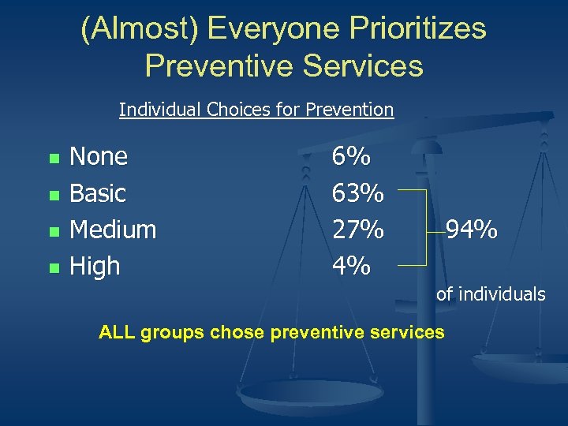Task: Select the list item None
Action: point(99,156)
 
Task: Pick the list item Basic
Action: point(98,192)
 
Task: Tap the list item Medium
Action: point(113,230)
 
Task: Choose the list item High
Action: point(95,267)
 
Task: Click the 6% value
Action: point(351,157)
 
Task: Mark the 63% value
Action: point(357,193)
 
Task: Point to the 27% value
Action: point(357,230)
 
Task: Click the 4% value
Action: point(351,267)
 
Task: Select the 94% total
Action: point(471,230)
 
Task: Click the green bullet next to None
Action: point(54,158)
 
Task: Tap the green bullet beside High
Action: point(54,268)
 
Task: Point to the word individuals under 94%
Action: point(502,294)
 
